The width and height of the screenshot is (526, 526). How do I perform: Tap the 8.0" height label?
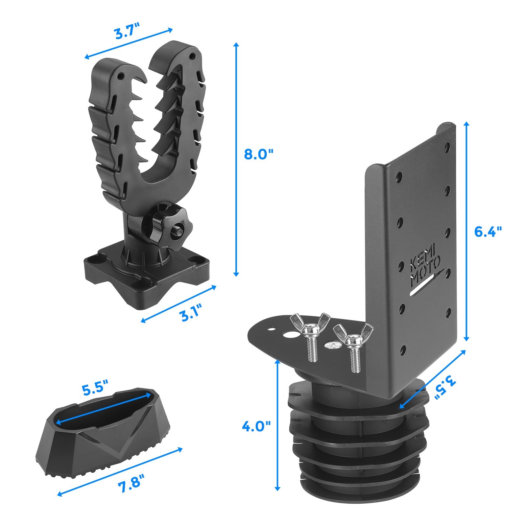pos(259,154)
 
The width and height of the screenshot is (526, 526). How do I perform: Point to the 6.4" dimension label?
pos(488,232)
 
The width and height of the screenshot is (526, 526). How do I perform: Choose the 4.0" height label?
pos(256,426)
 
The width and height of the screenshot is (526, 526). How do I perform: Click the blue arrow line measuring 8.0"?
pos(235,159)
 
